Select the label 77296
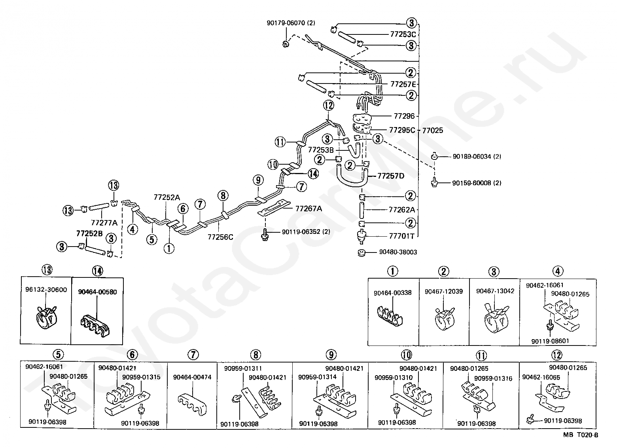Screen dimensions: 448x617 (404, 116)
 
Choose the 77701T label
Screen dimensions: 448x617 (401, 236)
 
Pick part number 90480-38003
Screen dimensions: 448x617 (397, 252)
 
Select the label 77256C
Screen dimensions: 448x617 (220, 237)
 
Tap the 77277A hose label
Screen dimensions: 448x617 (104, 222)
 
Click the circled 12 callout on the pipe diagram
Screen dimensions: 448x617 (328, 105)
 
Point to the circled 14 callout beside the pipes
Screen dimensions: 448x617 (313, 173)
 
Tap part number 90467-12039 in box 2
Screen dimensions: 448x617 (443, 291)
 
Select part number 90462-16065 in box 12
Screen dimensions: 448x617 (541, 377)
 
